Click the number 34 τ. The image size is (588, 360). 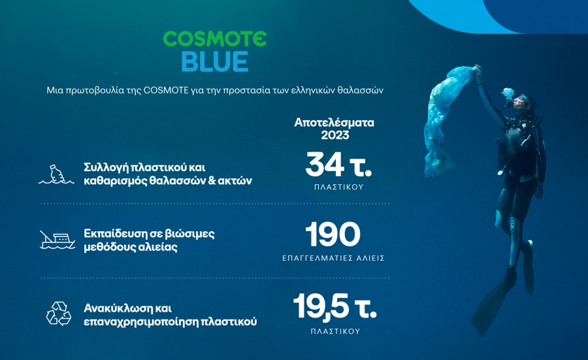pyautogui.click(x=338, y=164)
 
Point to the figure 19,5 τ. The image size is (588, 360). pyautogui.click(x=335, y=306)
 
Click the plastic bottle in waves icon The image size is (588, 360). pyautogui.click(x=59, y=174)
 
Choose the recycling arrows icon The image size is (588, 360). pyautogui.click(x=58, y=313)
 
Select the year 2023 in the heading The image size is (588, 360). pyautogui.click(x=335, y=135)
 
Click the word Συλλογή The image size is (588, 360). pyautogui.click(x=105, y=167)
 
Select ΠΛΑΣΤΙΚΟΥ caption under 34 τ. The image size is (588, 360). pyautogui.click(x=336, y=186)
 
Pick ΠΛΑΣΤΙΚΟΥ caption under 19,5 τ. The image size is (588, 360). pyautogui.click(x=335, y=331)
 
